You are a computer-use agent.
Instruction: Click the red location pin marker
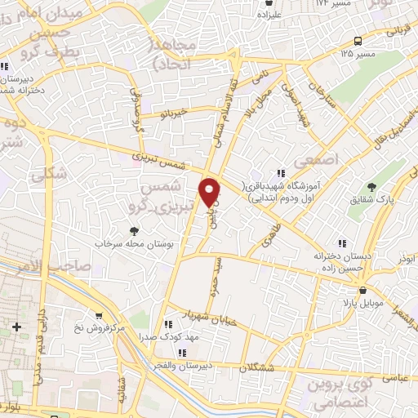click(211, 191)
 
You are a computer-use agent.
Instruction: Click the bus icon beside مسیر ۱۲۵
click(358, 41)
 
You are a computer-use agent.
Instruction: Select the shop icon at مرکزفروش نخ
click(99, 315)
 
